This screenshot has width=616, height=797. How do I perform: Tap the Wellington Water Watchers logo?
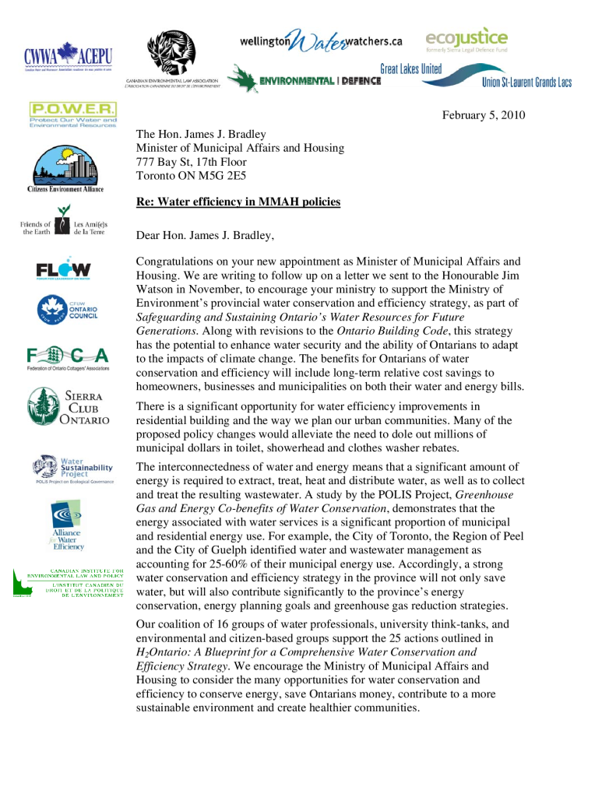(x=320, y=40)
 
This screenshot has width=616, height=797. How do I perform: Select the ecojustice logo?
(x=466, y=39)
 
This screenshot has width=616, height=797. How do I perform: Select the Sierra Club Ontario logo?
(x=69, y=406)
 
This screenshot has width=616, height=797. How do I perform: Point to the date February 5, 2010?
(x=483, y=115)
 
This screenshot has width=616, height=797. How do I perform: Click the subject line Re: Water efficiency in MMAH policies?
(x=238, y=202)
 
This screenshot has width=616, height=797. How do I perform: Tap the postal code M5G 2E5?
(x=224, y=176)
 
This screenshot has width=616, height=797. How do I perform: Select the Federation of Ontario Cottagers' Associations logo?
(x=68, y=357)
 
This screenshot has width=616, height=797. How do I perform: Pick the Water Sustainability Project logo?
(x=73, y=469)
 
